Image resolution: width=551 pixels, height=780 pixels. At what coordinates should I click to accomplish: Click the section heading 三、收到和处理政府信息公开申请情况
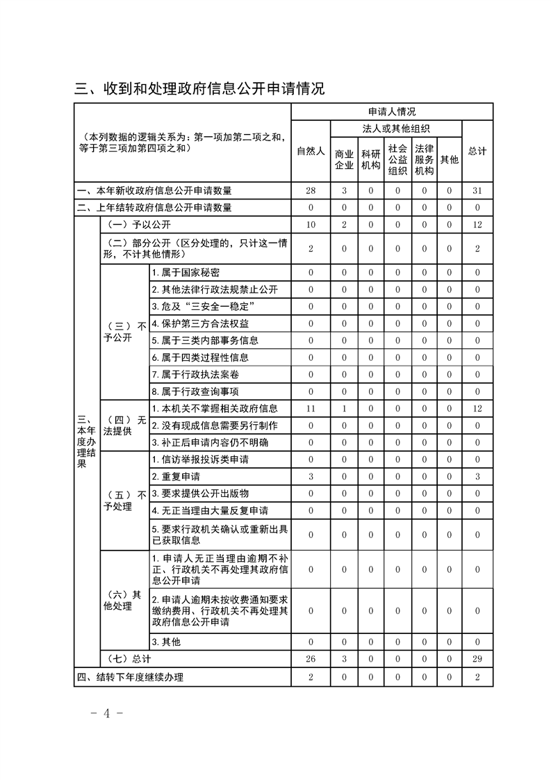tap(200, 88)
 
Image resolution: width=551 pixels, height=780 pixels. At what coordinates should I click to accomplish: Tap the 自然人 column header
tap(311, 152)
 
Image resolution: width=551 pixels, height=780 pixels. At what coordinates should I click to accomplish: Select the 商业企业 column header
tap(344, 159)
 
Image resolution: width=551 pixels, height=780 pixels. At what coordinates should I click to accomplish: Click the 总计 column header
tap(477, 152)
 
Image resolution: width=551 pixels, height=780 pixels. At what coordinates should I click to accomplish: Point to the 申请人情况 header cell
tap(392, 111)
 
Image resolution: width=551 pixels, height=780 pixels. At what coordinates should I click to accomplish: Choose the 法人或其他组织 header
tap(396, 129)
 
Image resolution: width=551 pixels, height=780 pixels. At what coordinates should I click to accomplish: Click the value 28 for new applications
tap(311, 190)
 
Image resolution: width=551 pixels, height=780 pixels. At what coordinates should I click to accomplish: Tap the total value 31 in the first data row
tap(477, 190)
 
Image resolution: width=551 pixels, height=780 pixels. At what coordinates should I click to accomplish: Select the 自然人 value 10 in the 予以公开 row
tap(311, 225)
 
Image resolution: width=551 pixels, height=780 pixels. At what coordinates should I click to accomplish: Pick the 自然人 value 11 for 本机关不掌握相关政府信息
tap(311, 408)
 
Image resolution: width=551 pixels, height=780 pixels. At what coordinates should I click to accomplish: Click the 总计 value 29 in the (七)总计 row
tap(477, 658)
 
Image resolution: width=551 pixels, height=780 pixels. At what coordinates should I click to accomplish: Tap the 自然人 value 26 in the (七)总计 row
tap(311, 658)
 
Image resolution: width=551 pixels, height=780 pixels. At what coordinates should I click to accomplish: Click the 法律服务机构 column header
tap(424, 159)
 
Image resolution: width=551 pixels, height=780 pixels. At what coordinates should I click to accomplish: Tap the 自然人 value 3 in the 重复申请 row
tap(311, 476)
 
